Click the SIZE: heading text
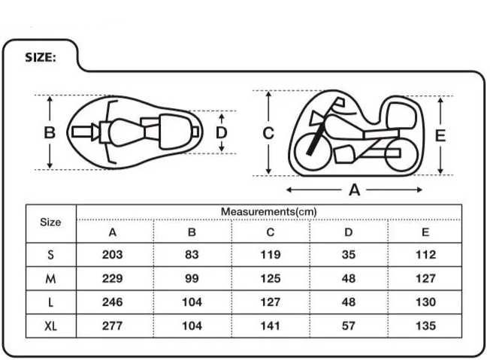(41, 58)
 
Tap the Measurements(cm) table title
(269, 211)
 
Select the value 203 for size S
(112, 254)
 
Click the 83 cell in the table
(192, 254)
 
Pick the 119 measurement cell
(271, 254)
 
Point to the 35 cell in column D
(349, 254)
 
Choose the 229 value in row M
(112, 278)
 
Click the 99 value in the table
(192, 278)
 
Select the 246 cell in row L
(112, 302)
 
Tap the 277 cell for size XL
(112, 325)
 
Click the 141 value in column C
(271, 325)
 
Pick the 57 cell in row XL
(349, 325)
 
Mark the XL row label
(50, 326)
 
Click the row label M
(50, 278)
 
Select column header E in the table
(425, 232)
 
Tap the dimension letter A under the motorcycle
(355, 189)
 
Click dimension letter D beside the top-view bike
(221, 133)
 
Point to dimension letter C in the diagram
(268, 133)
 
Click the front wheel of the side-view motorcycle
(313, 152)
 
